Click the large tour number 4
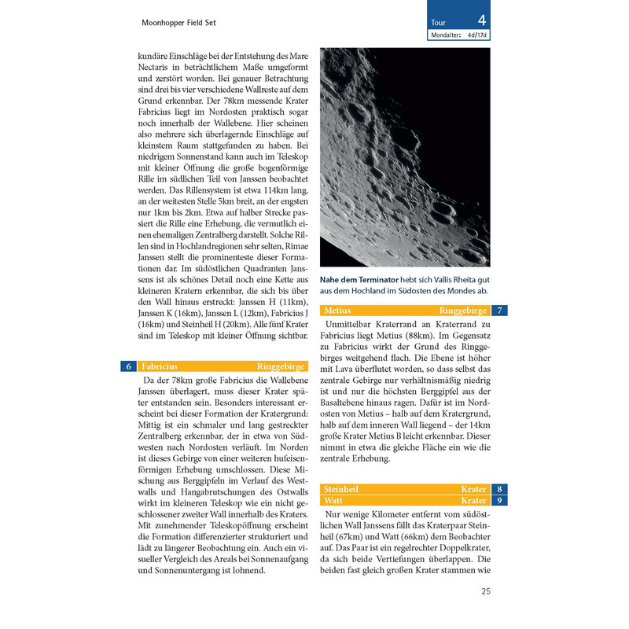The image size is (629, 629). coord(481,21)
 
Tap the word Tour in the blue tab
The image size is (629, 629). coord(438,23)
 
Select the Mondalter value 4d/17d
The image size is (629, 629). coord(479,35)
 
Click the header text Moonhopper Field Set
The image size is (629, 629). coord(178,23)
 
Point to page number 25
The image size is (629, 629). coord(485,591)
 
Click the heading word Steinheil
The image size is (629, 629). coord(342,489)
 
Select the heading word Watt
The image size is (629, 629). coord(333,500)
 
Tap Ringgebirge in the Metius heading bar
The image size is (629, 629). coord(462,311)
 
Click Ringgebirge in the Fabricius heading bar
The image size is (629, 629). coord(280,366)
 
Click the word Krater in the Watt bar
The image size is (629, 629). coord(473,500)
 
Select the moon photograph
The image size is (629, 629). coord(405,157)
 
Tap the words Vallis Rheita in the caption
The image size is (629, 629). coord(455,280)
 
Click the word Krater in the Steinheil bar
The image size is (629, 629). coord(473,489)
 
